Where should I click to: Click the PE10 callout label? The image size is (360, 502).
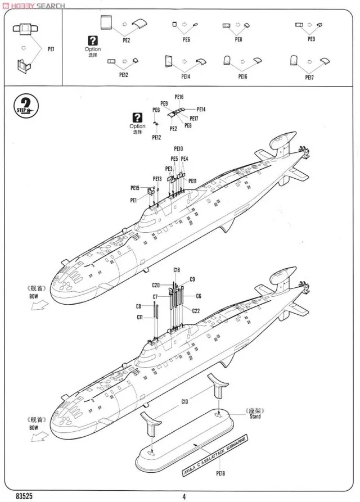click(178, 149)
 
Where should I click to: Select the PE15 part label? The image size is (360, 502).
click(135, 188)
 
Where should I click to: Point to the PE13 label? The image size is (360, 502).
click(157, 179)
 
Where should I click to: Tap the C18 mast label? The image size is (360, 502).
click(177, 270)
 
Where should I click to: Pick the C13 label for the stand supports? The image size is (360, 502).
click(185, 402)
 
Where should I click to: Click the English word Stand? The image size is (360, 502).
click(255, 417)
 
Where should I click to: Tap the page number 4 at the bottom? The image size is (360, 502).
click(184, 496)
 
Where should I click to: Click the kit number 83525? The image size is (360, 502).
click(24, 496)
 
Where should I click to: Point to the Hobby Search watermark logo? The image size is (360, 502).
click(35, 6)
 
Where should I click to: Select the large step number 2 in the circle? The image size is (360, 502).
click(26, 105)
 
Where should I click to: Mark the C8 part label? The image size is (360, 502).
click(138, 306)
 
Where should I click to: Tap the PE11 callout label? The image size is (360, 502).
click(192, 181)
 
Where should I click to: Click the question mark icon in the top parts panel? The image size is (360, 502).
click(93, 40)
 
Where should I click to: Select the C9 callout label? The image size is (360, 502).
click(192, 279)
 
